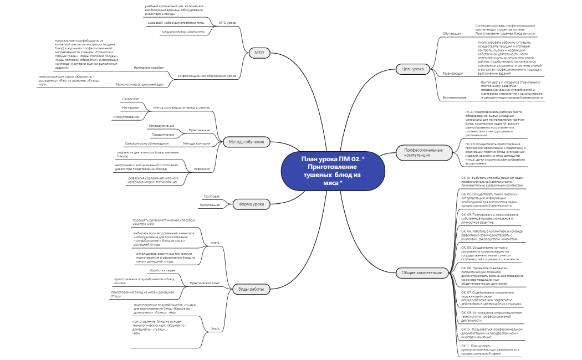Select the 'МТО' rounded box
[259, 53]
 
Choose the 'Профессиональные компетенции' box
[423, 152]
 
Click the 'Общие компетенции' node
[422, 272]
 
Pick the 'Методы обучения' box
[247, 142]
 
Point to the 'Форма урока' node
[251, 204]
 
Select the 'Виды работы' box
[251, 289]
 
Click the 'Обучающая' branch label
[451, 34]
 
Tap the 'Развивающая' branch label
[453, 73]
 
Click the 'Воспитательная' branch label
[455, 97]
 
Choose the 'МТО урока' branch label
[227, 23]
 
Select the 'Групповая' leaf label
[212, 197]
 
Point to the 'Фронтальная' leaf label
[210, 205]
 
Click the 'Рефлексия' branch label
[202, 168]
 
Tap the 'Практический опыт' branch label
[205, 282]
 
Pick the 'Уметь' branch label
[215, 243]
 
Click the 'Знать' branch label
[215, 328]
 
